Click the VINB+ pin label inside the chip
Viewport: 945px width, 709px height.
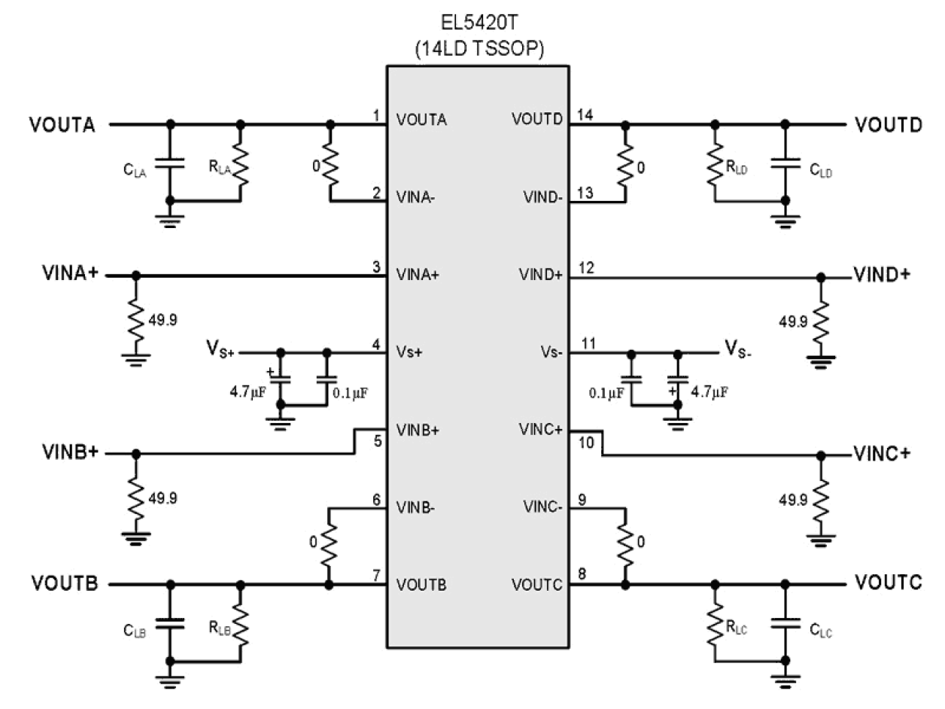(418, 431)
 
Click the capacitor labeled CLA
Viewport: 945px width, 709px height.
(170, 162)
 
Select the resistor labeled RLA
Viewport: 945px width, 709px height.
(241, 162)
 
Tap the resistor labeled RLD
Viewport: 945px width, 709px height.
(714, 162)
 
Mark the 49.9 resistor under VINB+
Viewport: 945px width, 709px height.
(135, 497)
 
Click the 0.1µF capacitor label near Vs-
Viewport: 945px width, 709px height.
(606, 392)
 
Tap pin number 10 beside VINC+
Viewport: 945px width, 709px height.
(587, 444)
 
